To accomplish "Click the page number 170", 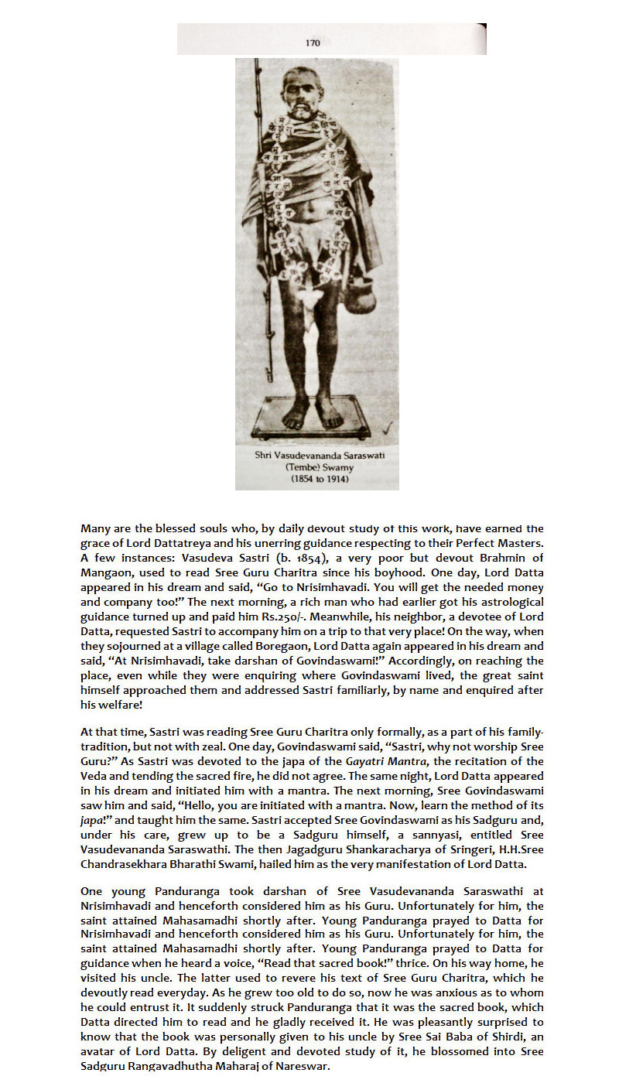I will pyautogui.click(x=313, y=43).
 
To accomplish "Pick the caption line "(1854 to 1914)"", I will pyautogui.click(x=320, y=479).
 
